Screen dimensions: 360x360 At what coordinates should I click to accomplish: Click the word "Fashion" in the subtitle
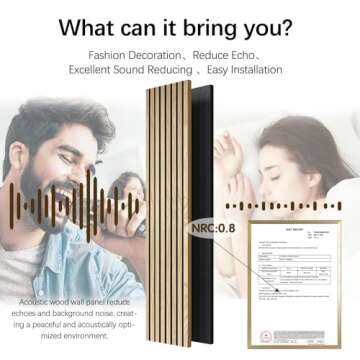(110, 54)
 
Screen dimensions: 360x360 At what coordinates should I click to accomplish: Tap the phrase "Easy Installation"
(239, 70)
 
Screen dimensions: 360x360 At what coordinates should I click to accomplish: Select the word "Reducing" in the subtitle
(180, 70)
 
